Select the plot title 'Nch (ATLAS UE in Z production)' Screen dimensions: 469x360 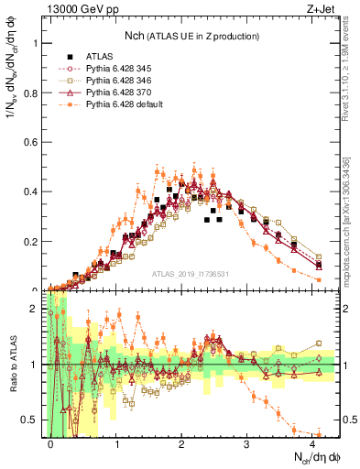(194, 36)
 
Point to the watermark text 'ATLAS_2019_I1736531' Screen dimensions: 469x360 (193, 275)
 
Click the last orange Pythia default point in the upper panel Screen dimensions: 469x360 (319, 279)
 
